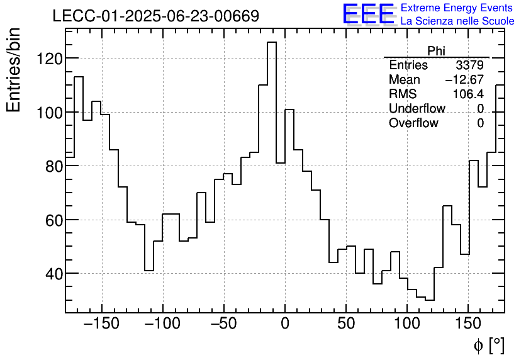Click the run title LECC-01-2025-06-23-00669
(155, 16)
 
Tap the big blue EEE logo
(368, 14)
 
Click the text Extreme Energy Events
(457, 8)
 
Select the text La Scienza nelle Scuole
(457, 21)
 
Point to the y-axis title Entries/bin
(14, 70)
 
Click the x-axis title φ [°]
(488, 345)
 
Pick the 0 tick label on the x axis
(285, 324)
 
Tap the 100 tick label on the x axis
(407, 324)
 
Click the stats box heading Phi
(436, 50)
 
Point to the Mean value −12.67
(464, 80)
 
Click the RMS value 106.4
(468, 94)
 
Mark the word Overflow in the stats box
(413, 123)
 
